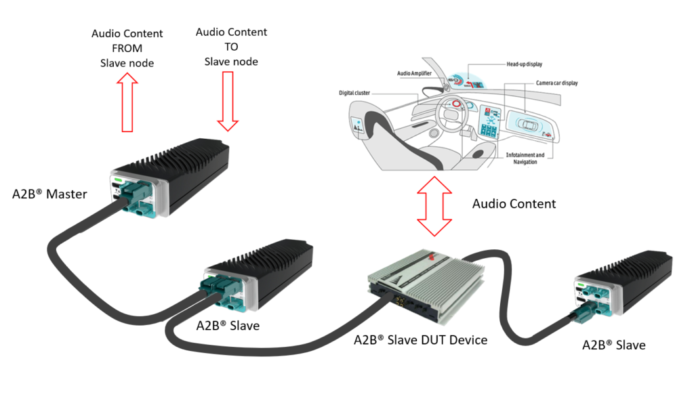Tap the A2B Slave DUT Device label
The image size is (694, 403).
(420, 339)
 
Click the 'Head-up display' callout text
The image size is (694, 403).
(525, 64)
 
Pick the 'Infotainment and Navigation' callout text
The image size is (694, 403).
(525, 158)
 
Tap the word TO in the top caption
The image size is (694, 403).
(231, 47)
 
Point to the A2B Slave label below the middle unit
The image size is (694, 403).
(228, 325)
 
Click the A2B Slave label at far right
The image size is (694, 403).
(613, 345)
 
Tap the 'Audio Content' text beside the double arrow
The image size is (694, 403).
(514, 203)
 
